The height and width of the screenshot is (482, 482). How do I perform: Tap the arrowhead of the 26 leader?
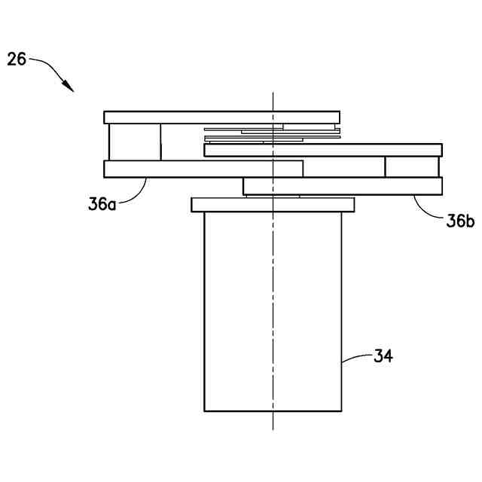pos(71,88)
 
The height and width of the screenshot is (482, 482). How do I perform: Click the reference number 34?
pos(383,356)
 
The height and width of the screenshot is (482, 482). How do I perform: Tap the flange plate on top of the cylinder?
pos(226,204)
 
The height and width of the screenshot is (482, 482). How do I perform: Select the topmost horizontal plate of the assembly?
pos(188,117)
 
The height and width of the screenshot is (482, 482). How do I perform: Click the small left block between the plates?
pos(135,142)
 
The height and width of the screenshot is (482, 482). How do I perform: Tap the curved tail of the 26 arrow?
pos(49,66)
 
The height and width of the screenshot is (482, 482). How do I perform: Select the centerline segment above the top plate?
pos(273,102)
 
